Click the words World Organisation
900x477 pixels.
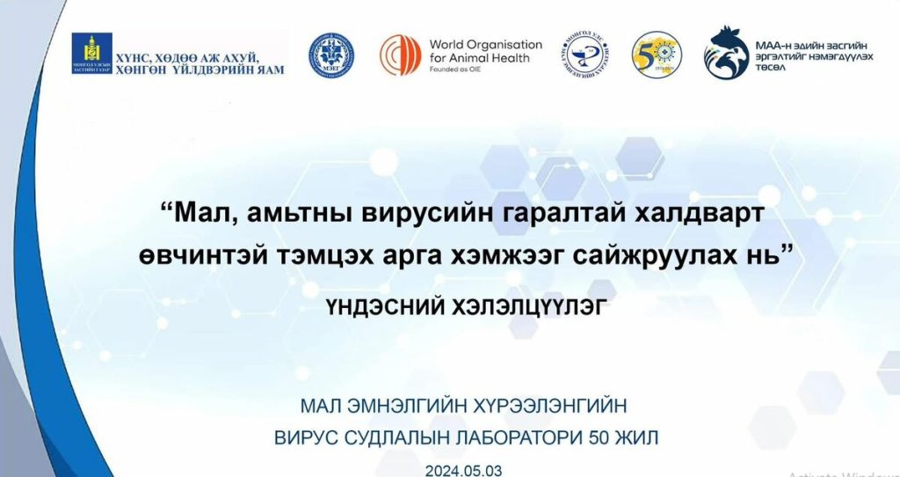click(x=485, y=44)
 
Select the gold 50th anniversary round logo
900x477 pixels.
click(x=657, y=55)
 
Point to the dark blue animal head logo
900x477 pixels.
click(x=725, y=53)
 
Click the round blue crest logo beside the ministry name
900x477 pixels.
click(x=331, y=55)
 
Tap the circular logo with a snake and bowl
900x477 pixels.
click(x=589, y=55)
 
